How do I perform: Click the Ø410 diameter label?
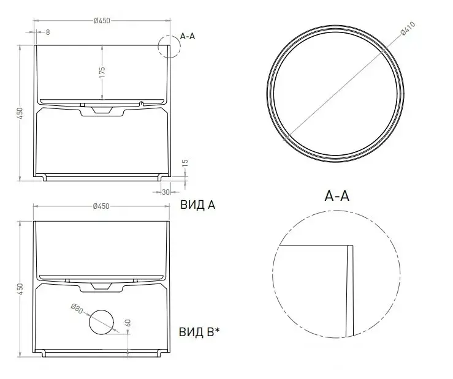pos(408,29)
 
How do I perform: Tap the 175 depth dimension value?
pos(102,72)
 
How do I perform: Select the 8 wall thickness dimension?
pos(48,32)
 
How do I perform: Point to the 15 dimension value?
pos(186,163)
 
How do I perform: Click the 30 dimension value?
pos(166,192)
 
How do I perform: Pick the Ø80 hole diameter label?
pos(77,308)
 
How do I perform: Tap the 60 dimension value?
pos(128,323)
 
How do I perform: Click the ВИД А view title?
pos(198,205)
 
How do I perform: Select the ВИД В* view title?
pos(199,332)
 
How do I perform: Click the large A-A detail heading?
pos(337,196)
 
